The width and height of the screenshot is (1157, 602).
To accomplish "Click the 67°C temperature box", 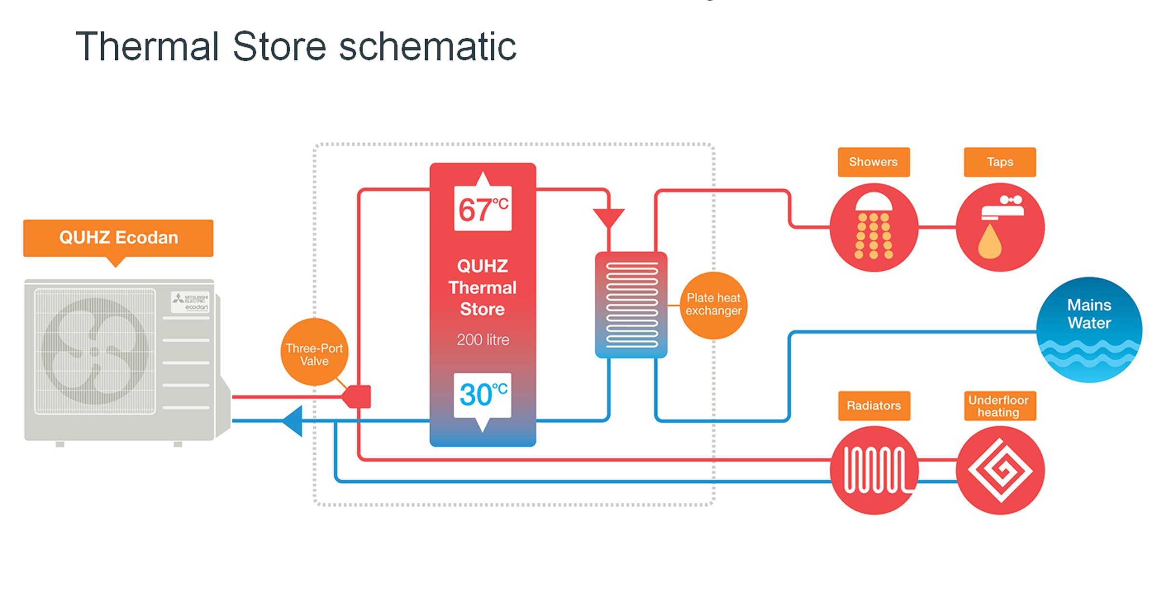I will tap(483, 209).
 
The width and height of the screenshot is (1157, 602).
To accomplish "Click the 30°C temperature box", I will tap(483, 395).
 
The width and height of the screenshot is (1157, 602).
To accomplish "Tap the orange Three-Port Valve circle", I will tap(314, 352).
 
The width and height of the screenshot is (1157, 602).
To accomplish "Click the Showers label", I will tap(874, 162).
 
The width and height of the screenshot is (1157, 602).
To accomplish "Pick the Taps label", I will tap(1000, 162).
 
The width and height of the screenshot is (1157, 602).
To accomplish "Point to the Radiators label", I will tap(874, 406).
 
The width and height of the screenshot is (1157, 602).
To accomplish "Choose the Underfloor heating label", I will tap(1000, 406).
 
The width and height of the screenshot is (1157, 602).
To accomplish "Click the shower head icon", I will tap(874, 227).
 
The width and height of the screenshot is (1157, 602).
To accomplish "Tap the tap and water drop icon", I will tap(1000, 227).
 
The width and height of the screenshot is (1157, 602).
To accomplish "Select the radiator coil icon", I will tap(874, 471).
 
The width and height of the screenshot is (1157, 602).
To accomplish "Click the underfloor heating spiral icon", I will tap(1000, 471).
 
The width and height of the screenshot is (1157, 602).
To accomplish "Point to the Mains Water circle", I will tap(1089, 330).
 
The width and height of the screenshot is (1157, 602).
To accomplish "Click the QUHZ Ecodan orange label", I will tap(118, 238).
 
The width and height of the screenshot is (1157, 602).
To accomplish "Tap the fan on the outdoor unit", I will tap(95, 351).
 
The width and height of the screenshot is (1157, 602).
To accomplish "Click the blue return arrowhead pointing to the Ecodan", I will tap(293, 421).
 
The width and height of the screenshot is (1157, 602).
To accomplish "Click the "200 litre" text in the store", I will tap(483, 340).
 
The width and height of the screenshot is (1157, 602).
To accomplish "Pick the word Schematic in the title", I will tap(428, 47).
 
